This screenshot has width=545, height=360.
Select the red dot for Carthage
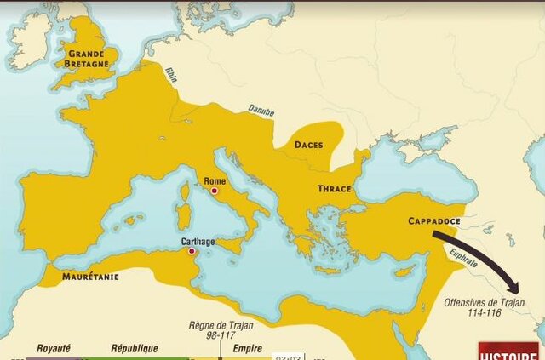tap(192, 252)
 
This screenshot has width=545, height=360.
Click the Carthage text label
tap(198, 241)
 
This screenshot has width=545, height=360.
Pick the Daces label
tap(308, 145)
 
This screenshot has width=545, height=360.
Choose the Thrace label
tap(335, 188)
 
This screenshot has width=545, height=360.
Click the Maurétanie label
tap(89, 277)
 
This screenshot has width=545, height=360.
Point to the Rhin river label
tap(171, 74)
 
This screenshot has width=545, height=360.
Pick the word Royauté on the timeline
tap(53, 348)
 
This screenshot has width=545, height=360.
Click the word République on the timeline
tap(134, 348)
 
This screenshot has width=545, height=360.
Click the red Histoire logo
tap(508, 351)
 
